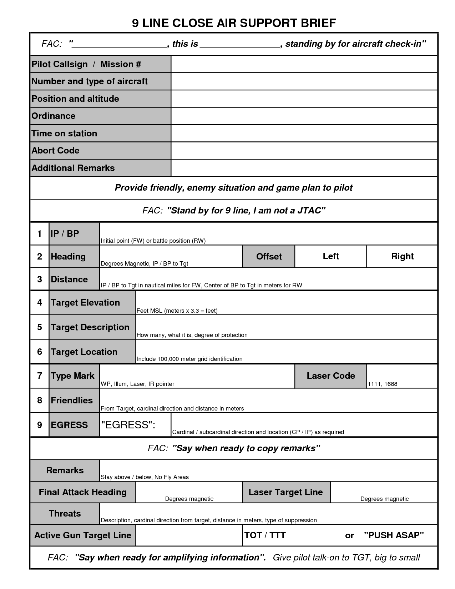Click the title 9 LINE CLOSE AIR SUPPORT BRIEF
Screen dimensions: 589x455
(234, 23)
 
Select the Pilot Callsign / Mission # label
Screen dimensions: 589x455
(86, 64)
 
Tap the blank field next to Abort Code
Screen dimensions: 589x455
(304, 151)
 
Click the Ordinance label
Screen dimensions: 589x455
(54, 116)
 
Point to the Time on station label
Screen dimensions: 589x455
(64, 134)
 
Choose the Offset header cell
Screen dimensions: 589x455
(269, 256)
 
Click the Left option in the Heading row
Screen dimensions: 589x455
(330, 256)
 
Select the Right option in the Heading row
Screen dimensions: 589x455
(402, 256)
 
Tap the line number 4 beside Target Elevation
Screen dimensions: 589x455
(40, 303)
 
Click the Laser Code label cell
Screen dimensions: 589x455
(330, 376)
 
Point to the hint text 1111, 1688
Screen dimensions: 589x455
(382, 384)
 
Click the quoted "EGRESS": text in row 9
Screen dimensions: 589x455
(128, 425)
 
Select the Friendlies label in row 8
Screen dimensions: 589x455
(72, 401)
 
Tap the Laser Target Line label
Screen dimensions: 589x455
(285, 492)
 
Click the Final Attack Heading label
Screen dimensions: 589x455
(82, 492)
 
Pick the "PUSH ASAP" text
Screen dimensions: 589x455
(394, 535)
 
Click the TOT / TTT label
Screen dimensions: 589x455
(265, 535)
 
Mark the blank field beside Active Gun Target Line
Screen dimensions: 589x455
(189, 535)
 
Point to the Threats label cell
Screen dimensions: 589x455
(65, 514)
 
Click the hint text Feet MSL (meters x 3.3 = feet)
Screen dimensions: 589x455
(177, 311)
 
